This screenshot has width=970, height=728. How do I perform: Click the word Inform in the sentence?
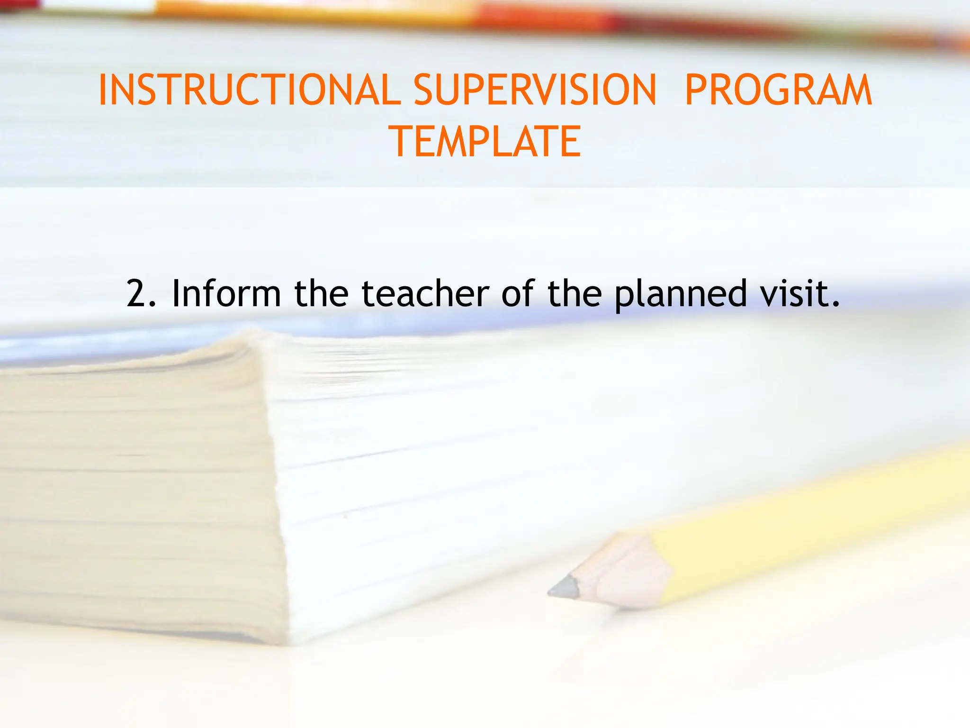coord(226,294)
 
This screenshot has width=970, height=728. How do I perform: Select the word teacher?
coord(425,294)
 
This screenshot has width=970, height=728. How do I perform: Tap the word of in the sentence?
coord(518,294)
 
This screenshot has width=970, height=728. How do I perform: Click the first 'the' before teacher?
coord(321,294)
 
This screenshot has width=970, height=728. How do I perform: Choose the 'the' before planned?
coord(575,294)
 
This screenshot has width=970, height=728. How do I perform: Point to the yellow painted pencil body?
coord(805,517)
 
